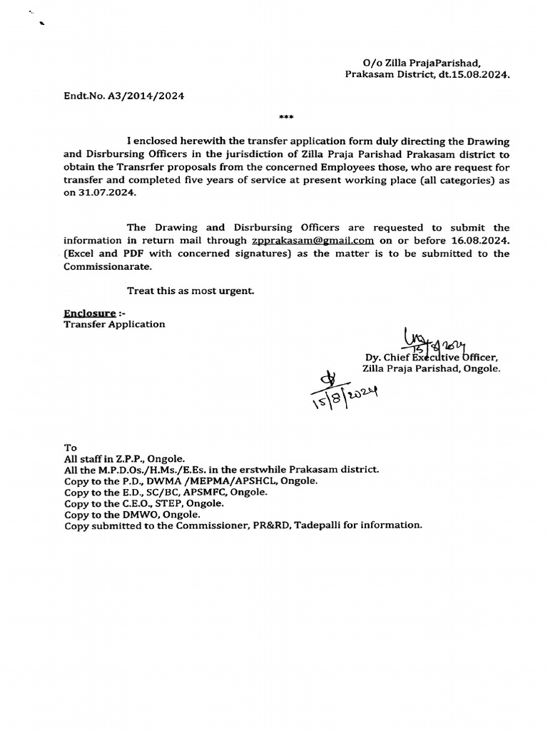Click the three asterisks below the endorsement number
(285, 117)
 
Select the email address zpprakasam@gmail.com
(313, 241)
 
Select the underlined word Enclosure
(90, 313)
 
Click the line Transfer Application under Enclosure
(114, 324)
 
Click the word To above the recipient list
(70, 447)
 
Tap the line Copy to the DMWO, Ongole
(132, 514)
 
